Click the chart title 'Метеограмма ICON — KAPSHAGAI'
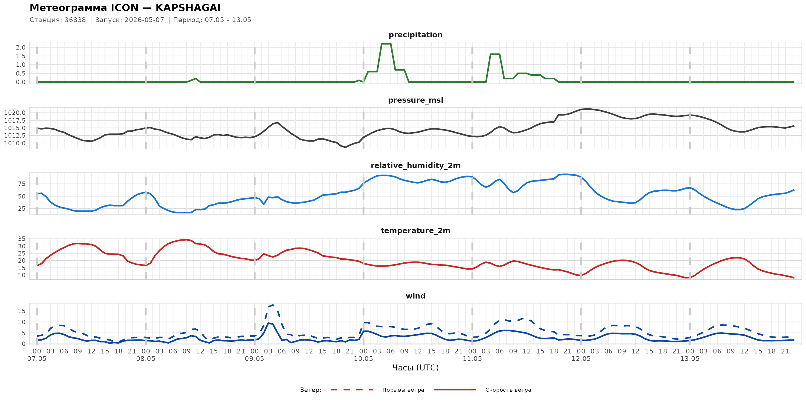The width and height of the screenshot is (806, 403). (125, 7)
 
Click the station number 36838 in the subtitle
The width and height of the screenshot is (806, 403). (75, 20)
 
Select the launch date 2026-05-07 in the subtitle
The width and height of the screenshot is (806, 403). (144, 20)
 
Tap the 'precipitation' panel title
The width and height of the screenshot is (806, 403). (416, 35)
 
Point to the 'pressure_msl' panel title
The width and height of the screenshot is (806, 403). (416, 100)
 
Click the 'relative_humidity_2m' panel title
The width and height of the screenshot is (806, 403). (416, 165)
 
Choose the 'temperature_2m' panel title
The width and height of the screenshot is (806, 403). (416, 230)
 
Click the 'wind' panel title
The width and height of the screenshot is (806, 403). (416, 296)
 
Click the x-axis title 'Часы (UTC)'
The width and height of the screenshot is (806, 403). (416, 368)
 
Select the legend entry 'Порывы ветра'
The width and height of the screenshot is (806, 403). (403, 390)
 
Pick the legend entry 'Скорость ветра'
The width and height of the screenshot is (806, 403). (508, 390)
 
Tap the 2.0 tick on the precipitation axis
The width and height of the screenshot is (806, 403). (21, 47)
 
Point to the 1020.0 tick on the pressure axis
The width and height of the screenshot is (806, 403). (15, 113)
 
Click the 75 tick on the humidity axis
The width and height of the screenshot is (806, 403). (21, 184)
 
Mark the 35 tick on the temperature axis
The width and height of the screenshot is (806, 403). (21, 239)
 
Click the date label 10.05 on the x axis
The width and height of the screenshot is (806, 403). (363, 359)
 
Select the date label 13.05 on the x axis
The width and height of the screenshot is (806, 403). (690, 359)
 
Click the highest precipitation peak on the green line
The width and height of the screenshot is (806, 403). (386, 44)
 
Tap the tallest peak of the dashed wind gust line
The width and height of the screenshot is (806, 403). (273, 305)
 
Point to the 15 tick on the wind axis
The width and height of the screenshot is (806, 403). (21, 311)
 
